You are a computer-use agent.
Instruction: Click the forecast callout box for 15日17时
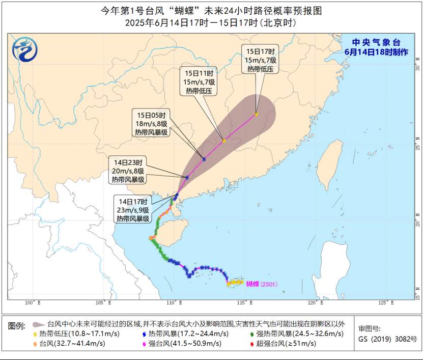pyautogui.click(x=261, y=60)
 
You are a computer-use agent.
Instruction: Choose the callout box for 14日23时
pyautogui.click(x=127, y=171)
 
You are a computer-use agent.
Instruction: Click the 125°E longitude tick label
pyautogui.click(x=386, y=303)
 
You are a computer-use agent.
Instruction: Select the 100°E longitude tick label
pyautogui.click(x=33, y=303)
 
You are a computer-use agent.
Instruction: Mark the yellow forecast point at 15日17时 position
pyautogui.click(x=257, y=114)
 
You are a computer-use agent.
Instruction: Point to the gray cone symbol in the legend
pyautogui.click(x=37, y=324)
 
